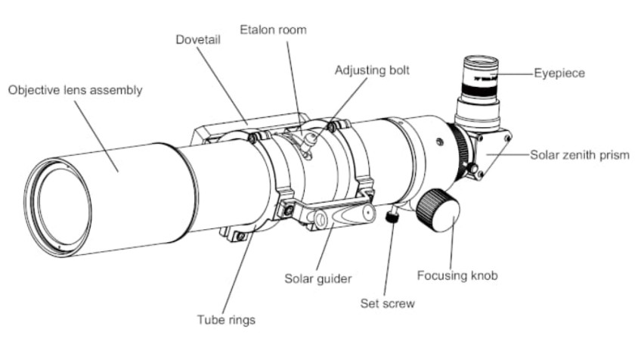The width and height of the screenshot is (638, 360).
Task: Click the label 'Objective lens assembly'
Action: pyautogui.click(x=76, y=91)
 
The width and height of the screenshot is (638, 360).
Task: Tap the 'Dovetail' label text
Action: pyautogui.click(x=198, y=39)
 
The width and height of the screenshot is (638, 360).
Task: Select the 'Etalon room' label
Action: pyautogui.click(x=273, y=29)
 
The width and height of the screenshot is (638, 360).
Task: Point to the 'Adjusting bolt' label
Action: pyautogui.click(x=372, y=70)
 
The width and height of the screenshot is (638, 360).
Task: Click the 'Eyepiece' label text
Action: pyautogui.click(x=559, y=73)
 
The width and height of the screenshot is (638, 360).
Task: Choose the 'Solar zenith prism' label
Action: pyautogui.click(x=580, y=155)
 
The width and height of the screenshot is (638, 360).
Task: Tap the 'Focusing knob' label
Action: pyautogui.click(x=457, y=276)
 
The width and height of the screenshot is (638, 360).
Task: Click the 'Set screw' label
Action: pyautogui.click(x=387, y=303)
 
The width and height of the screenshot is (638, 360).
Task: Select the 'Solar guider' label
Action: pyautogui.click(x=317, y=279)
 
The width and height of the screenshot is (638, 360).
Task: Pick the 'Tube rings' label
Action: pyautogui.click(x=226, y=320)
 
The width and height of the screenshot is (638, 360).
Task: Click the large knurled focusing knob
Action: pyautogui.click(x=438, y=210)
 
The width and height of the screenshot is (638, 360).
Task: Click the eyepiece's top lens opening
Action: pyautogui.click(x=481, y=64)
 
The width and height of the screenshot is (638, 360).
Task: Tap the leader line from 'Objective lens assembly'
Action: pyautogui.click(x=97, y=136)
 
